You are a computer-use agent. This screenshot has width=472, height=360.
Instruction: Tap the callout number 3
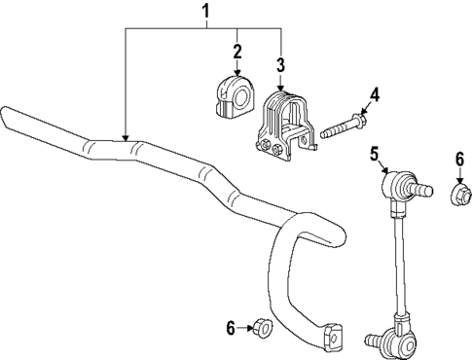click(x=280, y=66)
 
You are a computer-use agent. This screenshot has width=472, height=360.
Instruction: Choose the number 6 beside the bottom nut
click(x=232, y=329)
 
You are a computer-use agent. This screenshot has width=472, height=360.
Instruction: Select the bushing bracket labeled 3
click(x=283, y=126)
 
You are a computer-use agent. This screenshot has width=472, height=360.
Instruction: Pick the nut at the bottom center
click(x=262, y=329)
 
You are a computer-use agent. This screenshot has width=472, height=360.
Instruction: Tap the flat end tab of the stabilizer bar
click(x=333, y=336)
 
